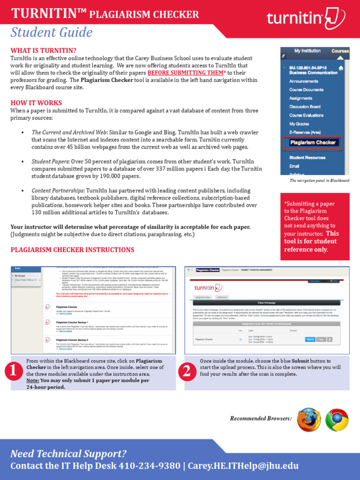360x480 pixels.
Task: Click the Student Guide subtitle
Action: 52,33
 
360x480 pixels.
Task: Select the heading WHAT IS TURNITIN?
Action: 44,51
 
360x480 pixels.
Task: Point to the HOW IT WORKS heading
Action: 36,103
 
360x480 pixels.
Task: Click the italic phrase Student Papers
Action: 50,161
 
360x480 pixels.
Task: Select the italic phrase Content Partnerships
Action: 58,191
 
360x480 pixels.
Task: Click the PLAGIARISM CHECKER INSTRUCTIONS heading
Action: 72,250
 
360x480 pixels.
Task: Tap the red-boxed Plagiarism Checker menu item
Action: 312,142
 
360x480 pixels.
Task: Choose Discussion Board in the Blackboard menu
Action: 305,107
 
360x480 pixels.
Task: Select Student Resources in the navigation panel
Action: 307,157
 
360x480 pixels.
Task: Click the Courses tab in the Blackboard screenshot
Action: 340,51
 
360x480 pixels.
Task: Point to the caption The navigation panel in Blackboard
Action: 319,180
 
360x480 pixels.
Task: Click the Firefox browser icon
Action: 309,419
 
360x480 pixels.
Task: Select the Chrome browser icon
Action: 337,419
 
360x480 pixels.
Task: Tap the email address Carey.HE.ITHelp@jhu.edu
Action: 243,466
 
